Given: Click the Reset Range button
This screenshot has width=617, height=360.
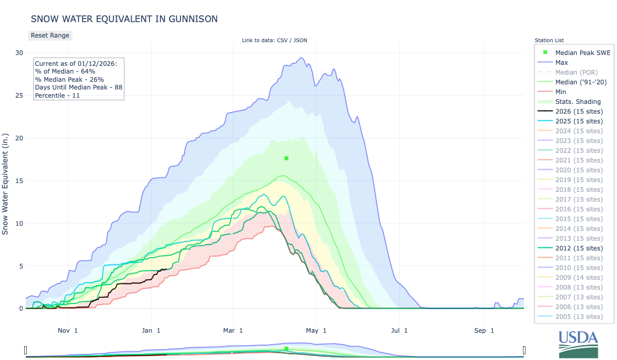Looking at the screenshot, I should point(50,35).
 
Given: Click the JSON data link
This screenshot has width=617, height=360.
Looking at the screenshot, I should point(300,41).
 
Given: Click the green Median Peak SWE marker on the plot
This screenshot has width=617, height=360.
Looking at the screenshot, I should point(286,158).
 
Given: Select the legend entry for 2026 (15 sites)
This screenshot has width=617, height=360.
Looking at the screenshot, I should point(579,112).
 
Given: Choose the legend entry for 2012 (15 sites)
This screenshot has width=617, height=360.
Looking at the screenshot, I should point(579,248).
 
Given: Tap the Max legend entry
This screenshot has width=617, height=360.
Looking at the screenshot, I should point(561,63).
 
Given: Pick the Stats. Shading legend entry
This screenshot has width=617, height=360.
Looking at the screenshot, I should point(578,102).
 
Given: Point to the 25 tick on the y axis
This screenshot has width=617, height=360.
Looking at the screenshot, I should point(19,96).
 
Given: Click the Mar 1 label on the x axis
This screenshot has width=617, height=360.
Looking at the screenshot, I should point(233,331).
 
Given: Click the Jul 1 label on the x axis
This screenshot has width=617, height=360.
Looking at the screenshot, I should point(399,331).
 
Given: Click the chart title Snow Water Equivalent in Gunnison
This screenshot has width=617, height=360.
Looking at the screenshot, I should point(124,19).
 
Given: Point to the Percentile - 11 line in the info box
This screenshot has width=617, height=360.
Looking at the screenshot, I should point(57,95).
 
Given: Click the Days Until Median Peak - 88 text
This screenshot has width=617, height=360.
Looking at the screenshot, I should point(78,87).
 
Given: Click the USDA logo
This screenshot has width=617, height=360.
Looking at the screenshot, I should point(578,344).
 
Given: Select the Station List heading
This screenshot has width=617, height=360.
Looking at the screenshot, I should point(549,41).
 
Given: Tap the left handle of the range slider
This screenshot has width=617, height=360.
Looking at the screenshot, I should point(26,350).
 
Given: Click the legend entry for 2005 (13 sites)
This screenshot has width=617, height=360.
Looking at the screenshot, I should point(579,317).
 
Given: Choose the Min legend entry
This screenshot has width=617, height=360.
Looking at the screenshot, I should point(561,92).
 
